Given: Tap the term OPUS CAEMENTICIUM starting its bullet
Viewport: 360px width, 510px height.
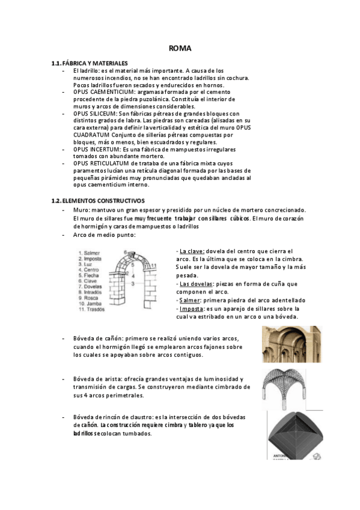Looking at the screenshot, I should [104, 92].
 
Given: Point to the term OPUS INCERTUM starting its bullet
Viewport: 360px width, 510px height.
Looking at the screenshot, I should [97, 149].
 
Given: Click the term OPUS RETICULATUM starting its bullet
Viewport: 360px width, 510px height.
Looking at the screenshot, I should [102, 163].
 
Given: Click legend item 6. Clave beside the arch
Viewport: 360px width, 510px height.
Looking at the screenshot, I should [91, 281].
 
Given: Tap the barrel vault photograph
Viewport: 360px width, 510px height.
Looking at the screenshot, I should [291, 344].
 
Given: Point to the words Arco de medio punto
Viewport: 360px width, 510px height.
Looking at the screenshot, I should [104, 235].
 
